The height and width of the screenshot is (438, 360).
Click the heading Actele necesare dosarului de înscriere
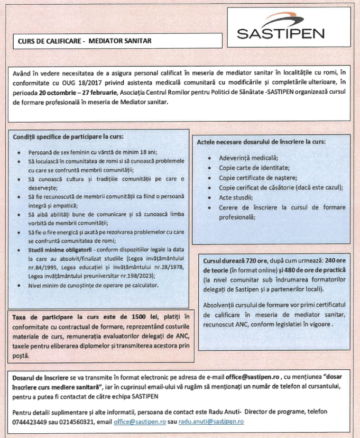261,142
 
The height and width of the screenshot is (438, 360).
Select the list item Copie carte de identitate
252,168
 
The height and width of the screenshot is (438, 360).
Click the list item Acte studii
235,197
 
